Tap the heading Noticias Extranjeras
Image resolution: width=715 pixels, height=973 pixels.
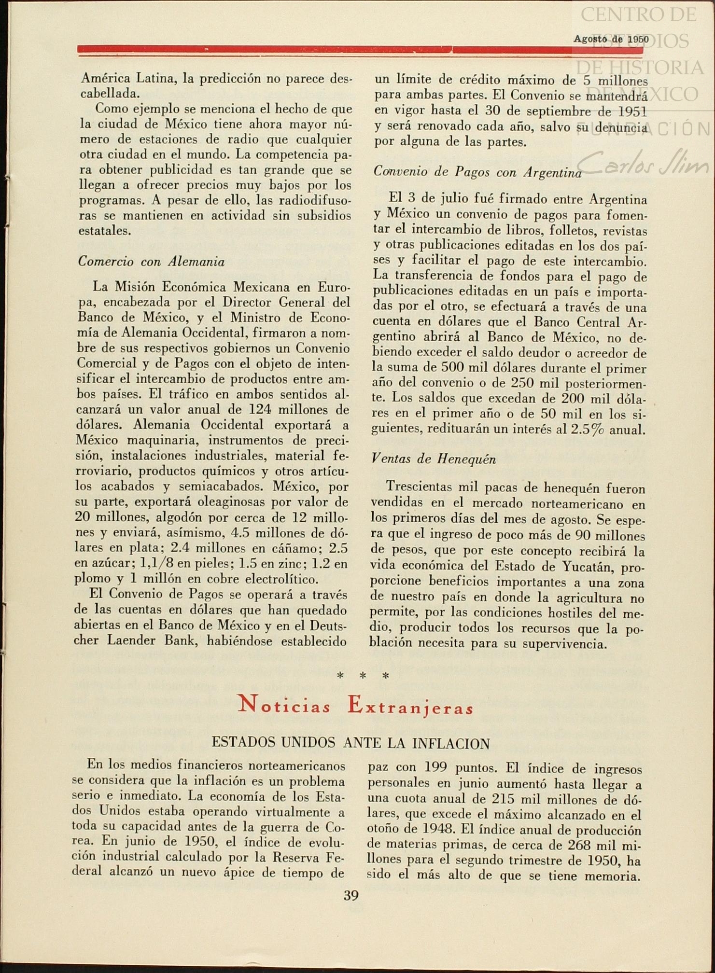pos(356,706)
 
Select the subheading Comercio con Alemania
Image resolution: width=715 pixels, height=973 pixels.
pos(151,262)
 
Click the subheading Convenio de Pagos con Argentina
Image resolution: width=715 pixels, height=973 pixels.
pos(477,172)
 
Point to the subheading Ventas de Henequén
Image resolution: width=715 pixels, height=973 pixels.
pos(433,459)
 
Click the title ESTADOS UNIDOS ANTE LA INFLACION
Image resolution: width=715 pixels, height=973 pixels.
pos(350,743)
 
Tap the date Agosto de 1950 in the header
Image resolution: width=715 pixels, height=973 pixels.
pos(611,39)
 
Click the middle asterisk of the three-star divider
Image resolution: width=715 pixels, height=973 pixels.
pos(363,676)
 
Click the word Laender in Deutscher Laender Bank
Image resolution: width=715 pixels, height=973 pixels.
pos(131,640)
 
